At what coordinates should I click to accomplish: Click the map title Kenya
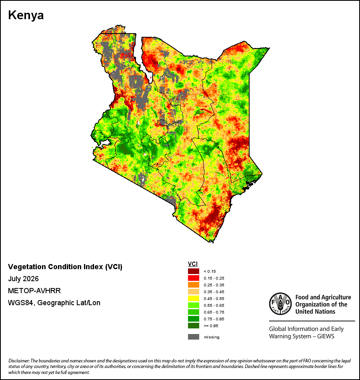tap(26, 15)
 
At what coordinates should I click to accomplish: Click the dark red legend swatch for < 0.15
tap(194, 271)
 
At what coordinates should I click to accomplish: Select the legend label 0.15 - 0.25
tap(214, 278)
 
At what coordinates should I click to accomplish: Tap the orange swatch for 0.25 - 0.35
tap(194, 285)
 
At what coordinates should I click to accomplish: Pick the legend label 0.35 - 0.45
tap(214, 292)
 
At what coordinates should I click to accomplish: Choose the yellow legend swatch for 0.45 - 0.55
tap(194, 298)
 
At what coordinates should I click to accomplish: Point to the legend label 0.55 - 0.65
tap(214, 305)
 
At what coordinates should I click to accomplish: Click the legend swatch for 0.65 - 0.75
tap(194, 312)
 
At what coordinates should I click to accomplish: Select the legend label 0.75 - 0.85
tap(214, 319)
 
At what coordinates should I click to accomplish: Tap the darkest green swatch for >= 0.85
tap(194, 326)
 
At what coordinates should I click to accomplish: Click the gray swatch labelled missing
tap(194, 337)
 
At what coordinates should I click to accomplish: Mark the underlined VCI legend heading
tap(193, 264)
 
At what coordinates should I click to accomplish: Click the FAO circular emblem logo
tap(280, 304)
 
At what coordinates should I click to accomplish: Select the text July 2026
tap(23, 279)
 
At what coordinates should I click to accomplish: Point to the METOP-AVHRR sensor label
tap(34, 291)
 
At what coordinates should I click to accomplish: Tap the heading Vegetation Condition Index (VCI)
tap(65, 267)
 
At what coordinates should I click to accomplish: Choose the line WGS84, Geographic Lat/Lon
tap(54, 303)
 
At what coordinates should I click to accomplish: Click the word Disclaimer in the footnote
tap(19, 361)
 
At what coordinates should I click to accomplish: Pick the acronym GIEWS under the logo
tap(326, 336)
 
